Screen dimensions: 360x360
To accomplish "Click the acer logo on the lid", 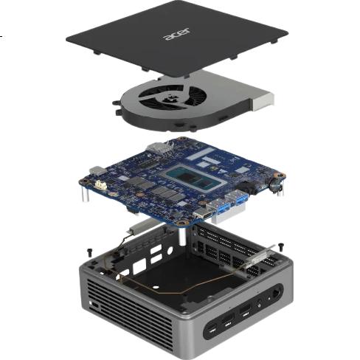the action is [x=177, y=35].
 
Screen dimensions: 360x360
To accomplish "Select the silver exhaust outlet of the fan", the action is [x=262, y=101].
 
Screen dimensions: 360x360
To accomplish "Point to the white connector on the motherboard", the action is [x=101, y=184].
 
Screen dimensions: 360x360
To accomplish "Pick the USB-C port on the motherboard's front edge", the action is [x=203, y=214].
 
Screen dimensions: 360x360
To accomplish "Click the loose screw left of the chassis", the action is [x=90, y=252].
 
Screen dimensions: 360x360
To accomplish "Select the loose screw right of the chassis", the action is [x=281, y=246].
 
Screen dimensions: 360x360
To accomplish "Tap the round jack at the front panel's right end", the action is [x=277, y=292].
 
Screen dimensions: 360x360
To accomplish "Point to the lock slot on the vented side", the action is [x=94, y=305].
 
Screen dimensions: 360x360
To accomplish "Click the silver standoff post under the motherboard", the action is [x=182, y=237].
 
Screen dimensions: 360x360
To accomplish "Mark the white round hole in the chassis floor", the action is [x=156, y=287].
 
